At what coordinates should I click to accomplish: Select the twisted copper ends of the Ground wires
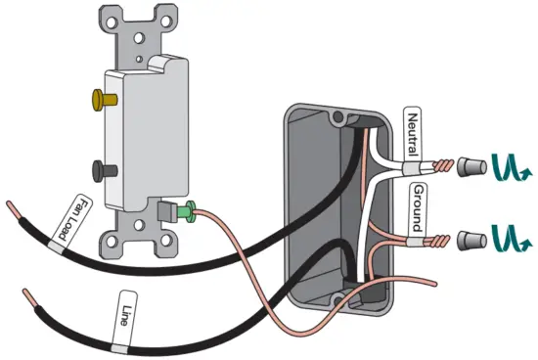(x=446, y=238)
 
